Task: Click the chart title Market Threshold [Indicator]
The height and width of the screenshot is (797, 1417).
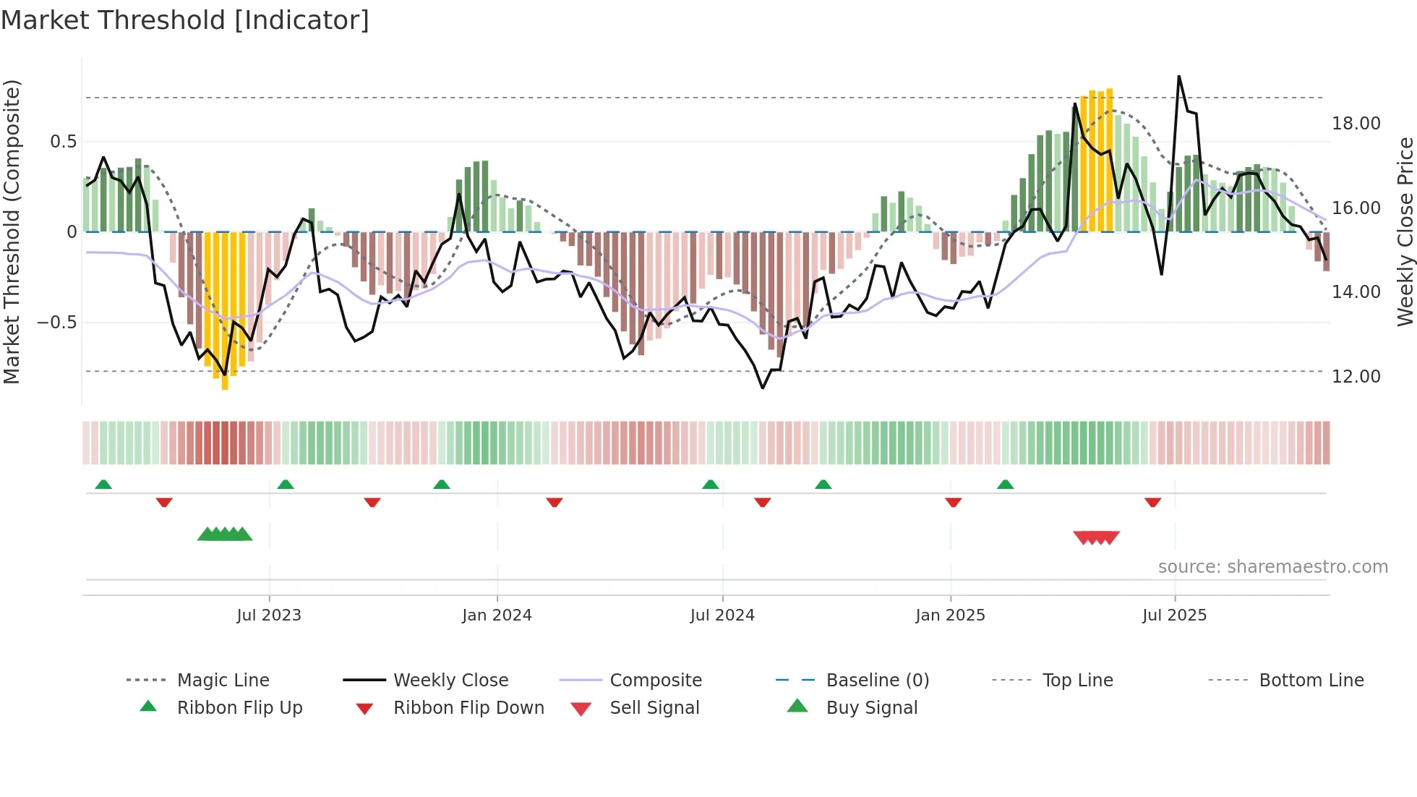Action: click(x=185, y=20)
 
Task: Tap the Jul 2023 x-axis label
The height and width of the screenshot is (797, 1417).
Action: click(x=269, y=615)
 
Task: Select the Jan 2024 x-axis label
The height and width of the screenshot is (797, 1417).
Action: click(x=497, y=615)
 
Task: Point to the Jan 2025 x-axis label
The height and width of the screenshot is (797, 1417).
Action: click(x=950, y=615)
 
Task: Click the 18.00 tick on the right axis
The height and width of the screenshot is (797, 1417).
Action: click(x=1356, y=124)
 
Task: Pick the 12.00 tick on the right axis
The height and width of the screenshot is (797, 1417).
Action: click(x=1356, y=377)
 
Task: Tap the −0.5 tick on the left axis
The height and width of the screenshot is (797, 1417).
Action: click(x=57, y=323)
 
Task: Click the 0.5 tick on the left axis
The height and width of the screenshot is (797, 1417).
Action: click(x=64, y=142)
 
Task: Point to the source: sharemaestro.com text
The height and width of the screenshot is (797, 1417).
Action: click(x=1272, y=567)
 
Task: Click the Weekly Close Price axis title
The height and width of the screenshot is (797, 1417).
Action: click(x=1405, y=231)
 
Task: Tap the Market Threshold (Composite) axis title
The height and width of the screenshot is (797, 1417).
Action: click(x=12, y=231)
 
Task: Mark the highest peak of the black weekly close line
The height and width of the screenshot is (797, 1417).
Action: click(x=1179, y=76)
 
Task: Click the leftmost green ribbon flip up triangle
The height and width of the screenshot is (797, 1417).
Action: click(x=103, y=485)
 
